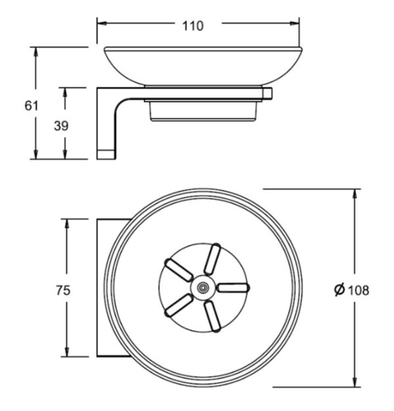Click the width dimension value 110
192,26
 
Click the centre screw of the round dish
203,288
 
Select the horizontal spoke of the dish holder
233,288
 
